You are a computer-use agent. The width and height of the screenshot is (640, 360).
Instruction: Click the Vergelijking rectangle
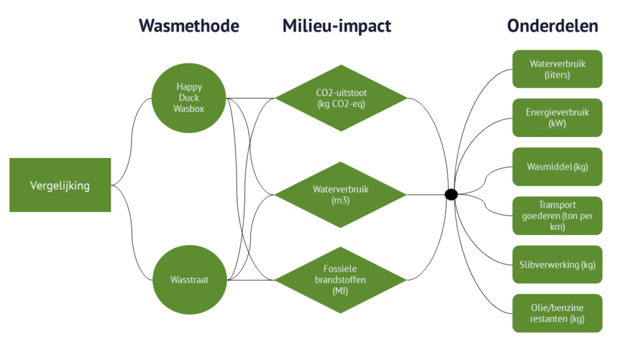(60, 185)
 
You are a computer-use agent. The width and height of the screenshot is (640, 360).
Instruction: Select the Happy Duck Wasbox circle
(188, 98)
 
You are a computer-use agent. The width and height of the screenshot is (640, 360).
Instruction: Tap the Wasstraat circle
(190, 280)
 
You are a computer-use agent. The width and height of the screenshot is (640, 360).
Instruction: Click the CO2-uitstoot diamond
(341, 98)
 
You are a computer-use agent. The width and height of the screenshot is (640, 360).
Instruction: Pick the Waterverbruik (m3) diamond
(341, 195)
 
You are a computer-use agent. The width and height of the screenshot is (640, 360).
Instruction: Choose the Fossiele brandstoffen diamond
(341, 280)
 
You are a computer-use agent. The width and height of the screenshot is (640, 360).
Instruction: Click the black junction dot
(451, 195)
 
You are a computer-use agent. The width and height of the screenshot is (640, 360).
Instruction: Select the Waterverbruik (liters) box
(557, 69)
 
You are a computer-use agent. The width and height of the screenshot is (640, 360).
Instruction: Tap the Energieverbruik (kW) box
(557, 118)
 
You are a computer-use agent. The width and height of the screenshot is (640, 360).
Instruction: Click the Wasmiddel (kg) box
(557, 167)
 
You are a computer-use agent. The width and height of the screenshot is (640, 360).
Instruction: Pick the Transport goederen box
(557, 216)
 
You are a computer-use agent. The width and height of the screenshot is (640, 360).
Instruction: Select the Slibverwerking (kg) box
(557, 264)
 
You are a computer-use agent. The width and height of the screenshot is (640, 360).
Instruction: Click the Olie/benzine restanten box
(557, 313)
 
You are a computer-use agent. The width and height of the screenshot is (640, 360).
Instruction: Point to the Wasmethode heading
(189, 25)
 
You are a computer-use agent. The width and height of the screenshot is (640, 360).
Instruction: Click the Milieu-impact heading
(337, 26)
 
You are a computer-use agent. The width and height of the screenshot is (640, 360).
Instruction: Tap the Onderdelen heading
(552, 25)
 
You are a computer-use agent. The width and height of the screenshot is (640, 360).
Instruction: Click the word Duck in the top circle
(189, 98)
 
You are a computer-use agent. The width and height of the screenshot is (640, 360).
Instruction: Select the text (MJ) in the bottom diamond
(340, 291)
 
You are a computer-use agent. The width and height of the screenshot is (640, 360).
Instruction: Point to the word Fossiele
(340, 269)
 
